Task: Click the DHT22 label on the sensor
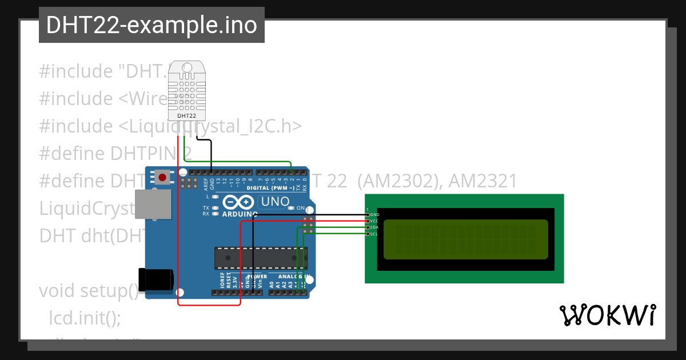tap(186, 116)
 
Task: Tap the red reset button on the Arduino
tap(162, 177)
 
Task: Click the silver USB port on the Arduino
tap(153, 204)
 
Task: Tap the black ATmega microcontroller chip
tap(260, 258)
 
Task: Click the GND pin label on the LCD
tap(374, 214)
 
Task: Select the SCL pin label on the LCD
tap(374, 234)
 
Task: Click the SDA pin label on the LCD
tap(374, 227)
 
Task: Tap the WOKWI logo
tap(607, 315)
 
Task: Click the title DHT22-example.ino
tap(151, 25)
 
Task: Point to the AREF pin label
tap(206, 184)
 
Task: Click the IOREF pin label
tap(222, 280)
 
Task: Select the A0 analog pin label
tap(272, 283)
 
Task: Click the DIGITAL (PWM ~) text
tap(270, 188)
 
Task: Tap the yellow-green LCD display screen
tap(466, 239)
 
